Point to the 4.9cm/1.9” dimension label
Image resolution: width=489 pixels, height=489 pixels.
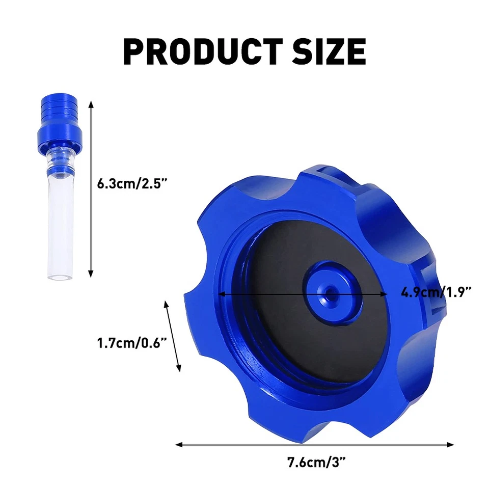436,292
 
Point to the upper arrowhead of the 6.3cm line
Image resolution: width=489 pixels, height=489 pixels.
91,104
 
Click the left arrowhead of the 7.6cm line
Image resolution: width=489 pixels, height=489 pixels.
179,445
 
